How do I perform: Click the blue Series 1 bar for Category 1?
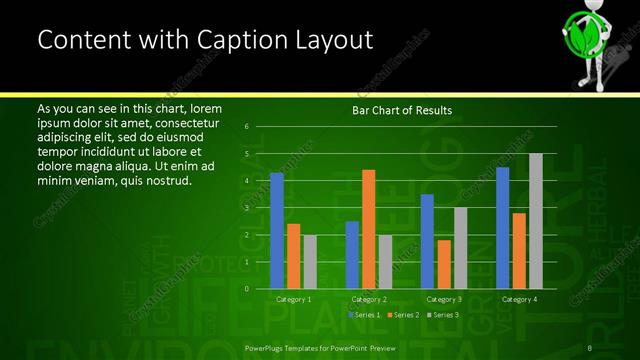[x=277, y=230]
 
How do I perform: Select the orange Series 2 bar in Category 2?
[x=368, y=229]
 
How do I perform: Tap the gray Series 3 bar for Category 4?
[x=535, y=221]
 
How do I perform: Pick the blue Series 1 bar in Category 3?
[x=427, y=241]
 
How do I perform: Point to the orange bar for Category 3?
[x=444, y=264]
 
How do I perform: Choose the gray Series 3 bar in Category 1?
[x=309, y=261]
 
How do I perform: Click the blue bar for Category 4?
[x=502, y=227]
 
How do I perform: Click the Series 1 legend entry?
[x=363, y=315]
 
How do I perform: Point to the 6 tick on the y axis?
[x=246, y=127]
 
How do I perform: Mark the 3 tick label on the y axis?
[x=246, y=208]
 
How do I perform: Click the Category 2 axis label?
[x=369, y=299]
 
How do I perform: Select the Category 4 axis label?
[x=519, y=299]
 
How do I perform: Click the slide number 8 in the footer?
[x=591, y=348]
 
